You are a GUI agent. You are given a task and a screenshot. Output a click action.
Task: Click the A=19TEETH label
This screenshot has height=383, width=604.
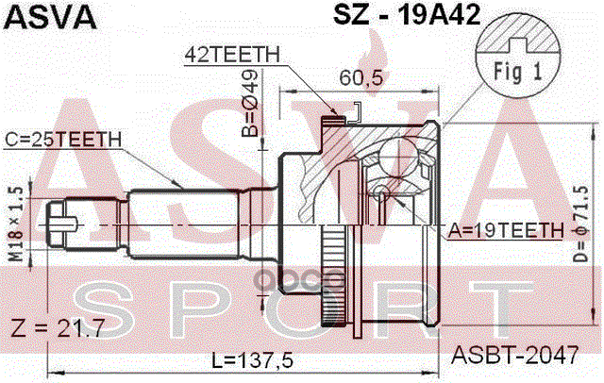coord(506,229)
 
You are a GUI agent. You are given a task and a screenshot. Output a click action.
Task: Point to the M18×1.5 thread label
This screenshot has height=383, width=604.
coord(13,219)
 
